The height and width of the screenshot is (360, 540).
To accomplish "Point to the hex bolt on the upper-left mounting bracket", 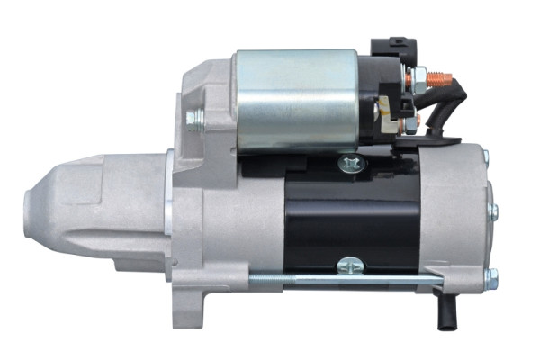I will click(194, 117).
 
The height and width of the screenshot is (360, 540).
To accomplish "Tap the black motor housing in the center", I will click(351, 216).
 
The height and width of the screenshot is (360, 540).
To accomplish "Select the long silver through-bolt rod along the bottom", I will click(342, 280).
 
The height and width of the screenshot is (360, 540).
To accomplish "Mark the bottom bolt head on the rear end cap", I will click(490, 276).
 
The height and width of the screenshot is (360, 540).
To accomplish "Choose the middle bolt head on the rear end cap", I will click(493, 212).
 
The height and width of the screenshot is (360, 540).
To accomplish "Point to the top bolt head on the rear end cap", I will click(486, 157).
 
